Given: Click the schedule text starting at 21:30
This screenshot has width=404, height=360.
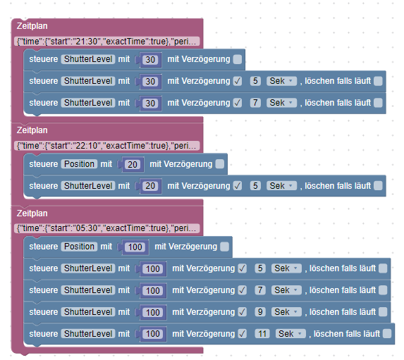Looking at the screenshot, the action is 106,42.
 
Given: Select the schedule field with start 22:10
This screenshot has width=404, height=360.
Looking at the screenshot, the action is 106,146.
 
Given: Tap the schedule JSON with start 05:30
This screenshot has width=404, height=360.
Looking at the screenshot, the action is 106,228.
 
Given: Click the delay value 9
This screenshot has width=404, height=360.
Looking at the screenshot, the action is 260,312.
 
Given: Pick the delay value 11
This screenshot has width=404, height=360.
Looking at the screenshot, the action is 262,334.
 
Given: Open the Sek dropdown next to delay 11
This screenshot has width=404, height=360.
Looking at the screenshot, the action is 290,334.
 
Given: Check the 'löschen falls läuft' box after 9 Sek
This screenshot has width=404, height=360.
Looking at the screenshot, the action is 383,312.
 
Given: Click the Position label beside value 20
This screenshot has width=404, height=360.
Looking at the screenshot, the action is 79,164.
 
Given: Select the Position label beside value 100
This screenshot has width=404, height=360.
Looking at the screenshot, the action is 79,247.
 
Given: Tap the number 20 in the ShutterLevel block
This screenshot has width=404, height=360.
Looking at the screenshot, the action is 150,186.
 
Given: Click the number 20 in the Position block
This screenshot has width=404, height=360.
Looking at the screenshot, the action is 133,164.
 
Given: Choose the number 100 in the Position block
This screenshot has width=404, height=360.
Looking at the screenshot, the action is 135,247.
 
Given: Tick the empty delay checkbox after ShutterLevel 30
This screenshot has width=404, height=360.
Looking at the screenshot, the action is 238,59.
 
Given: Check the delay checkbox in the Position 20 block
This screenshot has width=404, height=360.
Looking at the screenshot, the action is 219,164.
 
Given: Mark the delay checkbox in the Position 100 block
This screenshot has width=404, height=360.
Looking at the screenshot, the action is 224,247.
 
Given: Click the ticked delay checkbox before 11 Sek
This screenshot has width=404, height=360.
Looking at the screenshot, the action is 243,334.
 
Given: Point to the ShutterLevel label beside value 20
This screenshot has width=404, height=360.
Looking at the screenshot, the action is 88,186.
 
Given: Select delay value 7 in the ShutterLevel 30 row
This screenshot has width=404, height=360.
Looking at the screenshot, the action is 255,103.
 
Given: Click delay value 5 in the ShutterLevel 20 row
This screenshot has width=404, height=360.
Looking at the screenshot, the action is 255,186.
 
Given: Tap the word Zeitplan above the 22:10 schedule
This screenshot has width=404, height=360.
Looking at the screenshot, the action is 32,130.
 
